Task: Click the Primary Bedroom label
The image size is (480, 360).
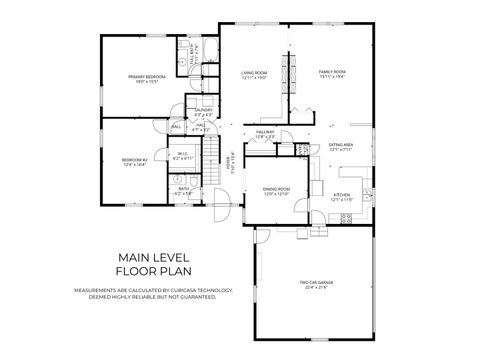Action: (x=146, y=76)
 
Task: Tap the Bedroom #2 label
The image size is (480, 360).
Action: (x=135, y=160)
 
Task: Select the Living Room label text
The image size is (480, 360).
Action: (x=254, y=72)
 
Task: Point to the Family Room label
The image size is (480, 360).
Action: (x=332, y=72)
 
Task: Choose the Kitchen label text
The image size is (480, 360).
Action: (x=341, y=194)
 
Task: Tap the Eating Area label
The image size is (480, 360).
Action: (x=342, y=145)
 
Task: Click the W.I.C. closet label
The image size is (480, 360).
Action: (x=183, y=154)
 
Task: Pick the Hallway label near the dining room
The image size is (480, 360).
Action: (x=266, y=132)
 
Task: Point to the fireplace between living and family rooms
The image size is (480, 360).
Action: (x=293, y=74)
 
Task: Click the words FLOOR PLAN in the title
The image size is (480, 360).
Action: (x=153, y=271)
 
